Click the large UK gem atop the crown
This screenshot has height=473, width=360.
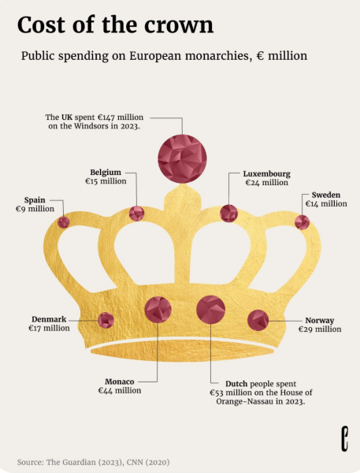pos(182,158)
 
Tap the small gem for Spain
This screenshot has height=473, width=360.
pos(64,222)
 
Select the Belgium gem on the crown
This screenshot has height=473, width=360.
pos(136,214)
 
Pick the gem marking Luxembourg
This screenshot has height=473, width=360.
pos(229,214)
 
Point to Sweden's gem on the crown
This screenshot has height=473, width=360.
pos(302,222)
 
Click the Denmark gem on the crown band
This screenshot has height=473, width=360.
pos(106,320)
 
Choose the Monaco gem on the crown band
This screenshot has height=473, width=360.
pos(158,310)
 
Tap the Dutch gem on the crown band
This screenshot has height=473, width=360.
pos(211,310)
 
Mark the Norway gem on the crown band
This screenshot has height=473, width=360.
pos(258,320)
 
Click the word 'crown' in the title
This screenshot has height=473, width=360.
pos(179,25)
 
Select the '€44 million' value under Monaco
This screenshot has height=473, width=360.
pos(120,391)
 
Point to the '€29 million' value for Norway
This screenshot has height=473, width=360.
pos(320,329)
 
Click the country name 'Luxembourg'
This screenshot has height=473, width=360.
pos(267,174)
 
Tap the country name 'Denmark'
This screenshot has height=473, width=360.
pos(49,319)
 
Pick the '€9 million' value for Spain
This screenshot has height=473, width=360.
pos(35,209)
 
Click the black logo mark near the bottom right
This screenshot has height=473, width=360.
pos(344,438)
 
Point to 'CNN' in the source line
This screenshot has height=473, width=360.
pos(135,462)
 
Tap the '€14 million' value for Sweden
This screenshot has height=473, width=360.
pos(326,204)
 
